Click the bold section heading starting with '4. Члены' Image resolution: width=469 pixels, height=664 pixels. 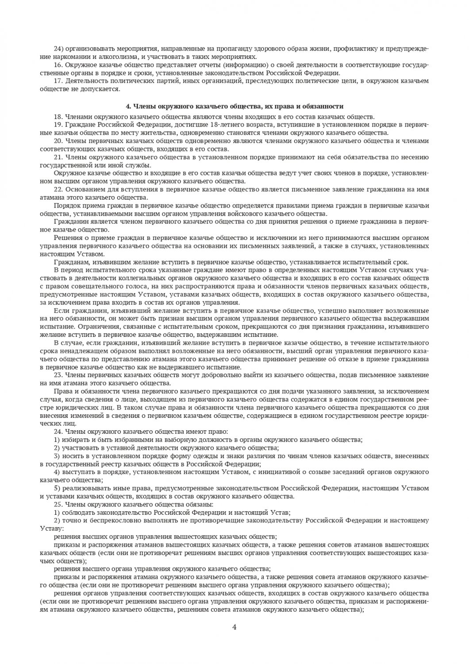(x=234, y=106)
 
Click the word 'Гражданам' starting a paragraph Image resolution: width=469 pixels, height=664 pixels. (x=70, y=262)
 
